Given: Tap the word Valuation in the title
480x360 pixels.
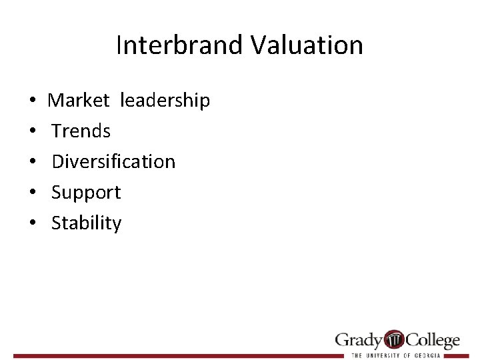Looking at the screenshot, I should pos(307,45).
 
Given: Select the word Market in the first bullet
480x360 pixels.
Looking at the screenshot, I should pos(78,100).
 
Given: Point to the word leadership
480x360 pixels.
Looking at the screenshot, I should pos(165,101).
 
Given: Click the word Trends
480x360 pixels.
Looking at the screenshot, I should pos(81,131).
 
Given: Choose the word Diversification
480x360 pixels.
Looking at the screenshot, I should pos(113,161).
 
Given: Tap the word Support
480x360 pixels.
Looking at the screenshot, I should pos(86,193).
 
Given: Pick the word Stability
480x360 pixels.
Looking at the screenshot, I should pos(87,223).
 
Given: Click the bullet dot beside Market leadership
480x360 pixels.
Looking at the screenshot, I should pos(33,101).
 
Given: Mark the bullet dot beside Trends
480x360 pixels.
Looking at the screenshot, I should pos(33,131).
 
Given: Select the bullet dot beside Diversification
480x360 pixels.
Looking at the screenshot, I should pos(33,162).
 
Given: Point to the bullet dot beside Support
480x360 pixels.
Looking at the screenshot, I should pos(33,193).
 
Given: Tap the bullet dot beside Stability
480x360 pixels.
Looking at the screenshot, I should pos(33,223).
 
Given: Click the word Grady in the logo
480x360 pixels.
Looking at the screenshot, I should pos(359,340).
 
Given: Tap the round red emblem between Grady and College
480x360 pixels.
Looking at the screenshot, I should pos(395,339).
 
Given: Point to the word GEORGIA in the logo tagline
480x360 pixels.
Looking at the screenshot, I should pos(427,355).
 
